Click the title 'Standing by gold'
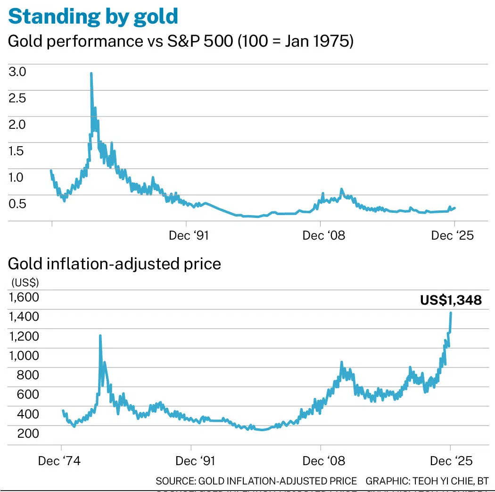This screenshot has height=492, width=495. [93, 16]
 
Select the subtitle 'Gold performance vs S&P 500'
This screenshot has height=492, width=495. [121, 42]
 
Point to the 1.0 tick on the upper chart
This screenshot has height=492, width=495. [16, 177]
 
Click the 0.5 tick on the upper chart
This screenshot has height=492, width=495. [16, 204]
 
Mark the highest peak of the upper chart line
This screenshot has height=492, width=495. [91, 74]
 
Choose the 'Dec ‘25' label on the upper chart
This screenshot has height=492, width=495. [453, 235]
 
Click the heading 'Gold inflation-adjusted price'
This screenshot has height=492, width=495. [115, 263]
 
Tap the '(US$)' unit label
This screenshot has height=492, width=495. [25, 283]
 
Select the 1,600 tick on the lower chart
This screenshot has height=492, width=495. [23, 298]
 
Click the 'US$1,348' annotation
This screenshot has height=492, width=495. [451, 300]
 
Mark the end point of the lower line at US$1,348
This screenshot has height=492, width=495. [451, 313]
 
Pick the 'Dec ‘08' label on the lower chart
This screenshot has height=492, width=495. [324, 460]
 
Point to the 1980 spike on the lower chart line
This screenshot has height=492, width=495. [100, 335]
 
